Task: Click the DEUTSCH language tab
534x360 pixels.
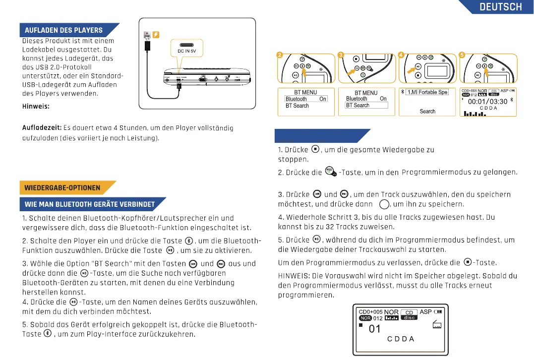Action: [500, 7]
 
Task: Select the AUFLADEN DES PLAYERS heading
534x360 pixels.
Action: [64, 30]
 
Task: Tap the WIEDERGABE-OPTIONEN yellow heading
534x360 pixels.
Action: [62, 188]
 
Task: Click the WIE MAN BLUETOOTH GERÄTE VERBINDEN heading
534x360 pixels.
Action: [90, 204]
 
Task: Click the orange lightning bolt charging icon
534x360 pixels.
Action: [156, 34]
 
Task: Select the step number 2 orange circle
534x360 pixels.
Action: [279, 55]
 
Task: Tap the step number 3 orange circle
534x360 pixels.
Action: [340, 55]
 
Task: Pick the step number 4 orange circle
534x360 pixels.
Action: [401, 55]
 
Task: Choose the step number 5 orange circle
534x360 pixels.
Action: [462, 55]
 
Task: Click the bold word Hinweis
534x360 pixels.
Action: [36, 107]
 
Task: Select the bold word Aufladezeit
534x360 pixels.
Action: [42, 128]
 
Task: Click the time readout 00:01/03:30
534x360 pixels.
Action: [487, 102]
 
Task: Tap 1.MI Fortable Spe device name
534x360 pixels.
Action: [427, 92]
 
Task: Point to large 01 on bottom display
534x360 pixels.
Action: [375, 329]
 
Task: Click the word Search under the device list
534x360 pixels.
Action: [427, 112]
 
